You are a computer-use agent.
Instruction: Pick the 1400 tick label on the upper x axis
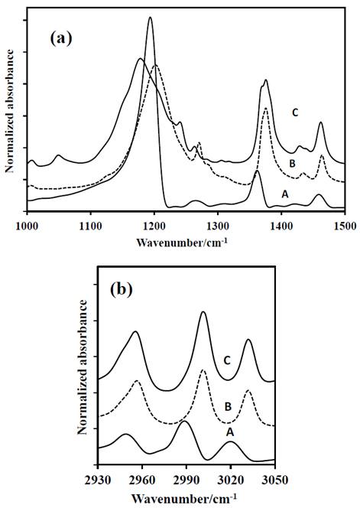281,225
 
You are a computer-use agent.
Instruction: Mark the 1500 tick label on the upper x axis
344,225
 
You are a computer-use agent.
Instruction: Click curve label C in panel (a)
294,112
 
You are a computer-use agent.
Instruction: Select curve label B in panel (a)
292,163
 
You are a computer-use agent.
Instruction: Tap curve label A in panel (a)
285,194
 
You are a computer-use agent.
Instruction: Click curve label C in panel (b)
226,360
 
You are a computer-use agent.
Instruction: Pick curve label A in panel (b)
228,431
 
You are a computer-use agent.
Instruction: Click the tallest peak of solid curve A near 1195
150,18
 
